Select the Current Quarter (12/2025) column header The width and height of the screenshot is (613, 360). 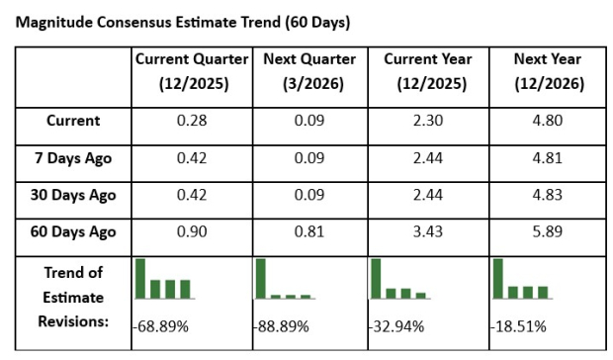[x=194, y=71]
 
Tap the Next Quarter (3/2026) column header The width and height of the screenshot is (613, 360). [x=309, y=71]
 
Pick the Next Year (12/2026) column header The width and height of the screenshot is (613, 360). [x=548, y=71]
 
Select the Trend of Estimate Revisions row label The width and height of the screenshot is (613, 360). [x=73, y=296]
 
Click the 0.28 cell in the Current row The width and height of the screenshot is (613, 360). [x=194, y=121]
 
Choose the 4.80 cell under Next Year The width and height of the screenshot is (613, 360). [x=548, y=121]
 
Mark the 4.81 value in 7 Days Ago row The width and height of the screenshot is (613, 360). [x=548, y=157]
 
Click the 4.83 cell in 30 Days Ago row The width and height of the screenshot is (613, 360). [x=548, y=195]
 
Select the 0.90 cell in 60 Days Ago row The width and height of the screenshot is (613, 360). [x=194, y=231]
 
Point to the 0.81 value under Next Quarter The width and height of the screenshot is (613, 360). [x=309, y=231]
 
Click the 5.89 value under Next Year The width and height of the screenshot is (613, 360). [x=548, y=231]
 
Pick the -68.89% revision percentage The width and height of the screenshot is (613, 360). [x=163, y=324]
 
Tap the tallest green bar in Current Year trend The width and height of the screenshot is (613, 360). [x=376, y=279]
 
